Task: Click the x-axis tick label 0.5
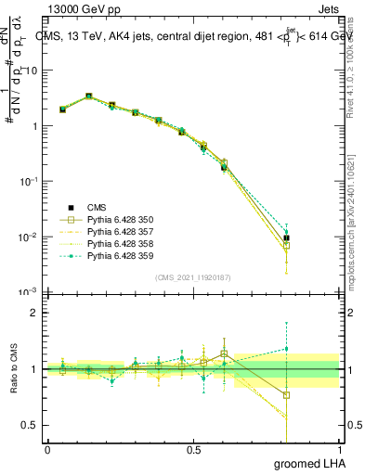click(x=193, y=449)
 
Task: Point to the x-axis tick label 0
click(x=48, y=449)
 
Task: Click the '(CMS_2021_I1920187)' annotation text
click(x=193, y=277)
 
